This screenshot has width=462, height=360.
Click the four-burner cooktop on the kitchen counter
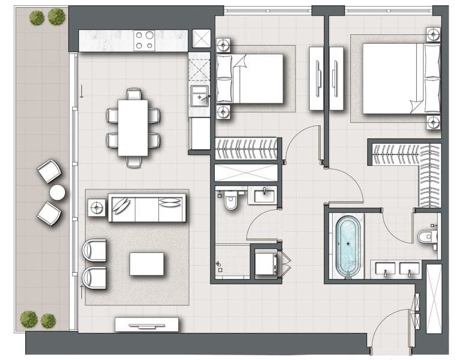click(x=144, y=40)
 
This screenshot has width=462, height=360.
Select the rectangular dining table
click(x=133, y=127)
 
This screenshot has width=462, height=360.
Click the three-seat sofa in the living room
click(x=147, y=208)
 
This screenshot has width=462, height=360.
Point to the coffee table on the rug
click(x=147, y=264)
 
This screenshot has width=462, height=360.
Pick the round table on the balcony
click(x=57, y=192)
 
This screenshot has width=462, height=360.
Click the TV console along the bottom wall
click(x=147, y=325)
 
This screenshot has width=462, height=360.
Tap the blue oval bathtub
click(x=348, y=246)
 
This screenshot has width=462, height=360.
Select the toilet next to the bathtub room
click(x=426, y=236)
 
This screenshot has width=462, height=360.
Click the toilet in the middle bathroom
click(x=230, y=203)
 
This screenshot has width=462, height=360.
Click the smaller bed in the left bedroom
click(x=249, y=79)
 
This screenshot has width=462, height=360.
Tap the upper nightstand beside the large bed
click(x=432, y=34)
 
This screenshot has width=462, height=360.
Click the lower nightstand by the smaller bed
click(x=224, y=111)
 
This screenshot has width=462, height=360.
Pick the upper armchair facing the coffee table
click(x=94, y=250)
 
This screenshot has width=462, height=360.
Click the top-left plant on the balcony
click(x=37, y=18)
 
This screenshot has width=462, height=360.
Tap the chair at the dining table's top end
click(x=134, y=94)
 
